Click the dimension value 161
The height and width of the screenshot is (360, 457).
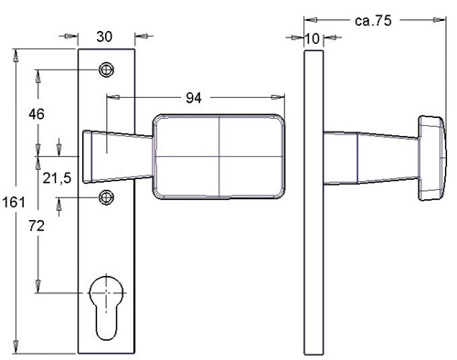click(14, 202)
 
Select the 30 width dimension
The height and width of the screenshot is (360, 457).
click(104, 37)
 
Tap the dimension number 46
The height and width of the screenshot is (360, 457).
click(37, 114)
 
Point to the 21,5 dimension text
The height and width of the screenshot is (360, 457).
click(57, 178)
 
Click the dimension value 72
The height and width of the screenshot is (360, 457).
click(37, 226)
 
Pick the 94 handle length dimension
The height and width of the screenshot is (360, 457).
click(194, 98)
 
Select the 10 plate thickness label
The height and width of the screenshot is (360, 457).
click(312, 38)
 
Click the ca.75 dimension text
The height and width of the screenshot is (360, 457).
click(373, 21)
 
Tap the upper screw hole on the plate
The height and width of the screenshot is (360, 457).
click(106, 69)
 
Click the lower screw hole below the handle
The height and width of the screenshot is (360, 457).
click(106, 197)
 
